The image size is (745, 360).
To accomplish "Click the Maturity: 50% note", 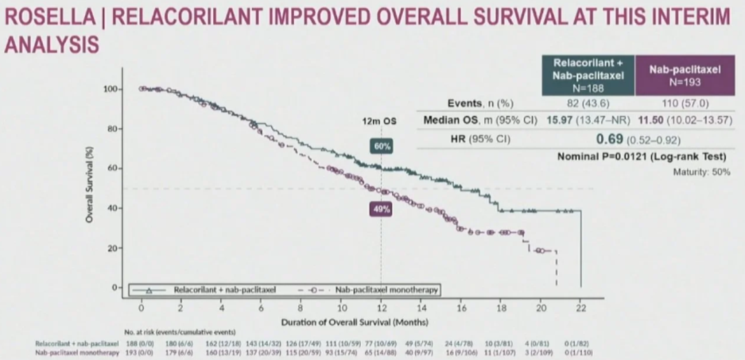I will coord(702,172).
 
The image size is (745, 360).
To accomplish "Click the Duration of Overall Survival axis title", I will coord(355,322).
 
